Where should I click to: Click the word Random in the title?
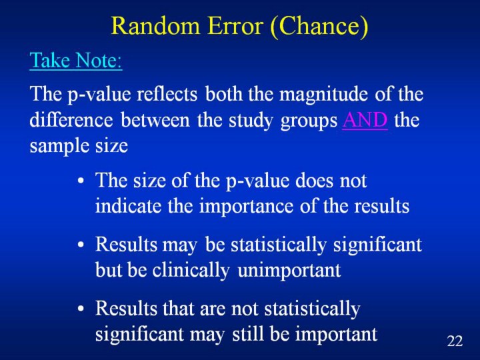[x=155, y=25]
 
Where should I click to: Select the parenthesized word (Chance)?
[x=319, y=27]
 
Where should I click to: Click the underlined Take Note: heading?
[x=76, y=60]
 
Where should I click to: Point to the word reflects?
[x=167, y=94]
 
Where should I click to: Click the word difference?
[x=71, y=119]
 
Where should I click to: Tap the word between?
[x=155, y=119]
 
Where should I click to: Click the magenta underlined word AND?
[x=365, y=120]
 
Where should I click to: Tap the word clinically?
[x=191, y=271]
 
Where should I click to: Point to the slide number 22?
[x=455, y=341]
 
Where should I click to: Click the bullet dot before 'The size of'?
[x=81, y=181]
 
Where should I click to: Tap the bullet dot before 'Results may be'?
[x=81, y=245]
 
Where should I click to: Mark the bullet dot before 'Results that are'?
[x=81, y=308]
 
